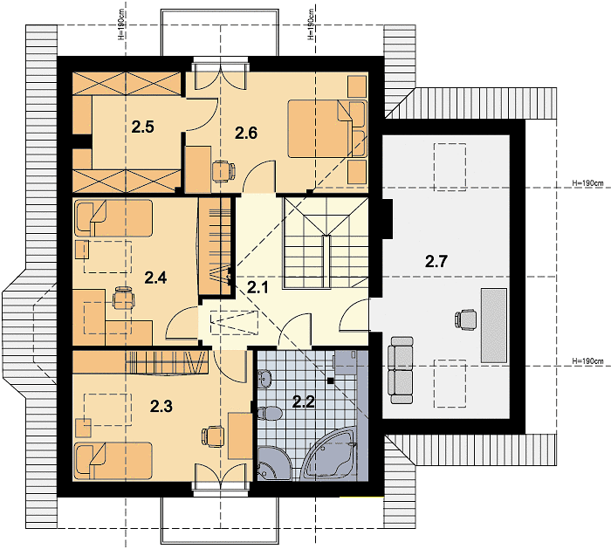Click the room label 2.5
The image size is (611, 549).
click(x=142, y=127)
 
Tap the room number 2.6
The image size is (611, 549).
click(x=246, y=134)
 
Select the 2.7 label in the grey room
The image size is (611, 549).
click(x=436, y=262)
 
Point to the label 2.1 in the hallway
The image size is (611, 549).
click(x=258, y=288)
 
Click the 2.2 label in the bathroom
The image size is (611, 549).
click(x=304, y=401)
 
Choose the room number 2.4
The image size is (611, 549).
click(x=155, y=278)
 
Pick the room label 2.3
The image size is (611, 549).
click(x=161, y=407)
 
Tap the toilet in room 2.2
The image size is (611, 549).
click(x=269, y=414)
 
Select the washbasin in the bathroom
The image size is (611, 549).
click(x=265, y=379)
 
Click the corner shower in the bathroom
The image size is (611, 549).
click(x=274, y=463)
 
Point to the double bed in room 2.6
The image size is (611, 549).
click(x=327, y=129)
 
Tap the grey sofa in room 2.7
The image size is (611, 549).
click(x=400, y=370)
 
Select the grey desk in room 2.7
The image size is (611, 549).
click(x=494, y=326)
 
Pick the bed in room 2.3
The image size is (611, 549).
click(x=113, y=461)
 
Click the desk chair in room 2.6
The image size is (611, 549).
click(x=224, y=171)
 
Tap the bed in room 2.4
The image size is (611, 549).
click(x=113, y=218)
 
